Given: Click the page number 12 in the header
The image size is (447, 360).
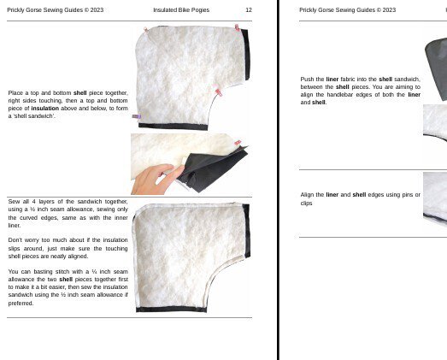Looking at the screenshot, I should click(x=248, y=10).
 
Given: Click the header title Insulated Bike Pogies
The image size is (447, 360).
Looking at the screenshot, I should click(x=181, y=10).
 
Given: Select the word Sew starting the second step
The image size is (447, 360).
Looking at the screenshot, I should click(x=14, y=202).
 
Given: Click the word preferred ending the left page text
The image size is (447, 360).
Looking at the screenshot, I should click(x=21, y=303).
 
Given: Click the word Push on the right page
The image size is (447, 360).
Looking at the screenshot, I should click(x=309, y=79).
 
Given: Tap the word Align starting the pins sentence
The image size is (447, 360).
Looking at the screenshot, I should click(x=309, y=195).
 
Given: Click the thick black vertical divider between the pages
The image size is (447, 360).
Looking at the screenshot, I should click(x=279, y=180).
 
